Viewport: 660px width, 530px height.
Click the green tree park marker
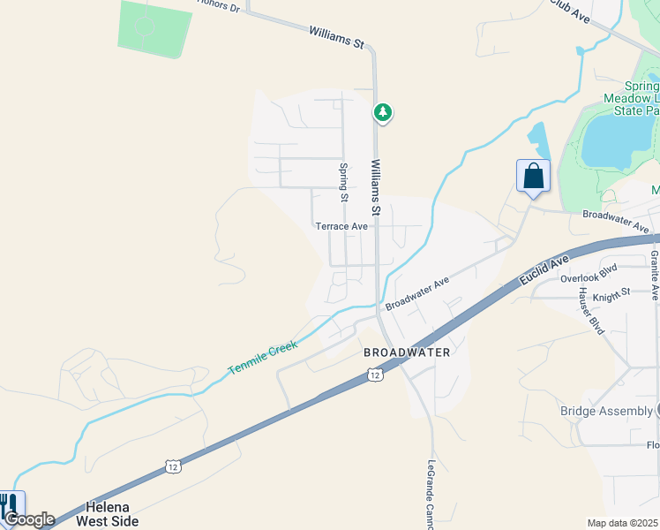click(x=382, y=112)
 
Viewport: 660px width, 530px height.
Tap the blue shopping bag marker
click(x=533, y=175)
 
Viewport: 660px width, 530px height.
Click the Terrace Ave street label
click(x=341, y=226)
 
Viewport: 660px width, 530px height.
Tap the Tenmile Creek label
click(x=263, y=356)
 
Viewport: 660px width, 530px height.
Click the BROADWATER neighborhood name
click(x=407, y=352)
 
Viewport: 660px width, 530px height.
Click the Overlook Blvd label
click(x=589, y=276)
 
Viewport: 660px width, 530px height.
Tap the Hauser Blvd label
click(x=590, y=310)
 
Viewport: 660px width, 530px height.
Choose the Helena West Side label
click(x=113, y=514)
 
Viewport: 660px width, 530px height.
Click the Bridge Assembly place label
click(x=606, y=411)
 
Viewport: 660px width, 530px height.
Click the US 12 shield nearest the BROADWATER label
click(x=375, y=376)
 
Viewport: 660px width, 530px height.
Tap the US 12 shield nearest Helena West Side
click(x=171, y=465)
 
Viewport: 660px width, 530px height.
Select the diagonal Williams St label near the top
click(x=336, y=36)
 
